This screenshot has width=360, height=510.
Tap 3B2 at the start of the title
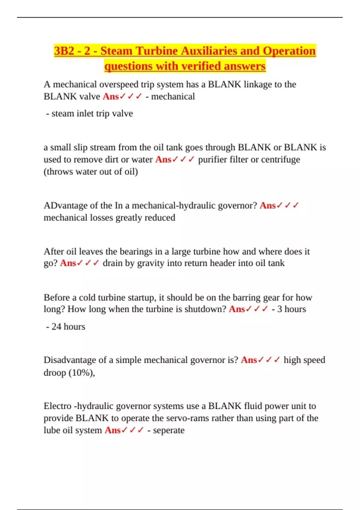(x=64, y=51)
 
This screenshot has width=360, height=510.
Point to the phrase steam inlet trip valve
(x=92, y=113)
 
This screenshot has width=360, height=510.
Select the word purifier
(x=212, y=160)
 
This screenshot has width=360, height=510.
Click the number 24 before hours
(x=56, y=326)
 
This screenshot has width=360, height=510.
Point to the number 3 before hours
(x=279, y=309)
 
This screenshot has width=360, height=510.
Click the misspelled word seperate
(x=169, y=430)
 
